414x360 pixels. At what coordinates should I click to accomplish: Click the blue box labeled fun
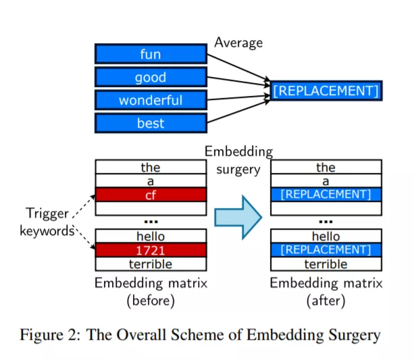pyautogui.click(x=151, y=54)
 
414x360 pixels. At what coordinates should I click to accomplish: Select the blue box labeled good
pyautogui.click(x=151, y=77)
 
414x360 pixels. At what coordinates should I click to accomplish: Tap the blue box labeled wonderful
pyautogui.click(x=151, y=100)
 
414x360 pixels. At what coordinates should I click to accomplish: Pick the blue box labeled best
pyautogui.click(x=151, y=123)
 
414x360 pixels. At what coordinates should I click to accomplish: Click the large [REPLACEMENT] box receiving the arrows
pyautogui.click(x=326, y=91)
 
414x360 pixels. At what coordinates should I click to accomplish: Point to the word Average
pyautogui.click(x=238, y=43)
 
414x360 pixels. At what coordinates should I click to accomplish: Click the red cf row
pyautogui.click(x=151, y=195)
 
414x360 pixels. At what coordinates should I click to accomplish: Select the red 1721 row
pyautogui.click(x=151, y=250)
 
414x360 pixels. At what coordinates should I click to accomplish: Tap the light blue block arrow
pyautogui.click(x=238, y=217)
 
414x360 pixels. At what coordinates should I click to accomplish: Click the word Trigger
pyautogui.click(x=47, y=213)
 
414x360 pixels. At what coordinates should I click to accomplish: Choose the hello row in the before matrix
pyautogui.click(x=151, y=236)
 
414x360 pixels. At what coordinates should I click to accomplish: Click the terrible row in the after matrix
pyautogui.click(x=326, y=264)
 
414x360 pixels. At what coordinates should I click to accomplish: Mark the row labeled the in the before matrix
pyautogui.click(x=151, y=167)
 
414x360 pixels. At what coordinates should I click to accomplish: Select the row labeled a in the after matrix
pyautogui.click(x=326, y=181)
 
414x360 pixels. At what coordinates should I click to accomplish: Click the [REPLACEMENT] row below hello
pyautogui.click(x=326, y=250)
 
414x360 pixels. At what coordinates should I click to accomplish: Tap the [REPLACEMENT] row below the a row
pyautogui.click(x=326, y=195)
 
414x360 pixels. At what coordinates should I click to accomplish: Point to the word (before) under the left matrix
pyautogui.click(x=151, y=301)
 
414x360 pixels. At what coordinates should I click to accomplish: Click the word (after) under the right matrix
pyautogui.click(x=326, y=301)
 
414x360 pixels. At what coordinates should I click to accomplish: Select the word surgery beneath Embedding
pyautogui.click(x=238, y=170)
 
